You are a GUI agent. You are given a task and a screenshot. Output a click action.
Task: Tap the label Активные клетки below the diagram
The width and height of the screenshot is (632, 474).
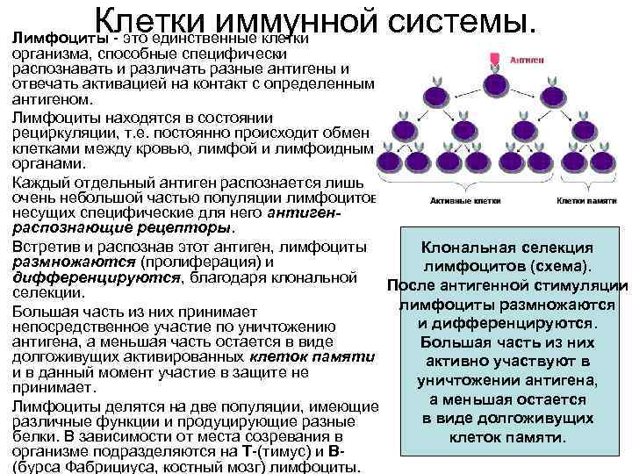pos(454,200)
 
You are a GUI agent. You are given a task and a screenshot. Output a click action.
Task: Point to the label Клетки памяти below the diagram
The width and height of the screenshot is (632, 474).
pos(584,200)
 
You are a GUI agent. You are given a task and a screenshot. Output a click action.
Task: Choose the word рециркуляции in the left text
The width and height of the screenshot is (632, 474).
pos(65,133)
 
